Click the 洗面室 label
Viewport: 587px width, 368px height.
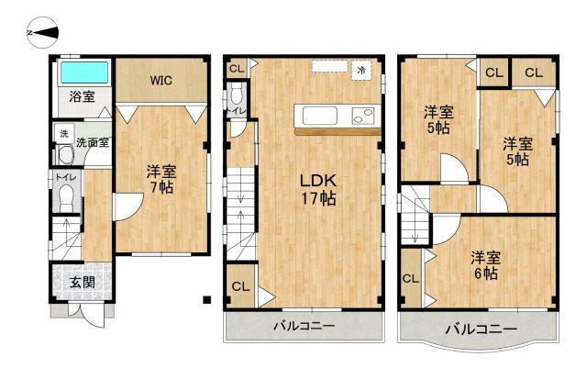(92, 142)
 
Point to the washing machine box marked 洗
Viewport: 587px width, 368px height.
(64, 134)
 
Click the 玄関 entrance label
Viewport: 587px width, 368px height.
(83, 281)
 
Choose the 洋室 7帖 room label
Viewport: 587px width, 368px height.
(161, 179)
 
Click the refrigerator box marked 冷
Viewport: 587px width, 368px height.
(362, 70)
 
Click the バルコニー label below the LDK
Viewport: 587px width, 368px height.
(303, 327)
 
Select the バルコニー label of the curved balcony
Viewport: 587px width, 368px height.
(481, 329)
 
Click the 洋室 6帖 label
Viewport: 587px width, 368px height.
(484, 264)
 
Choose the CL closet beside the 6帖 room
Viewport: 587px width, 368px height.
(410, 279)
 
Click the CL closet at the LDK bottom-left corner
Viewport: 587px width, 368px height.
(240, 286)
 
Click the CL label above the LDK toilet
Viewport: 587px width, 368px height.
(237, 68)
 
